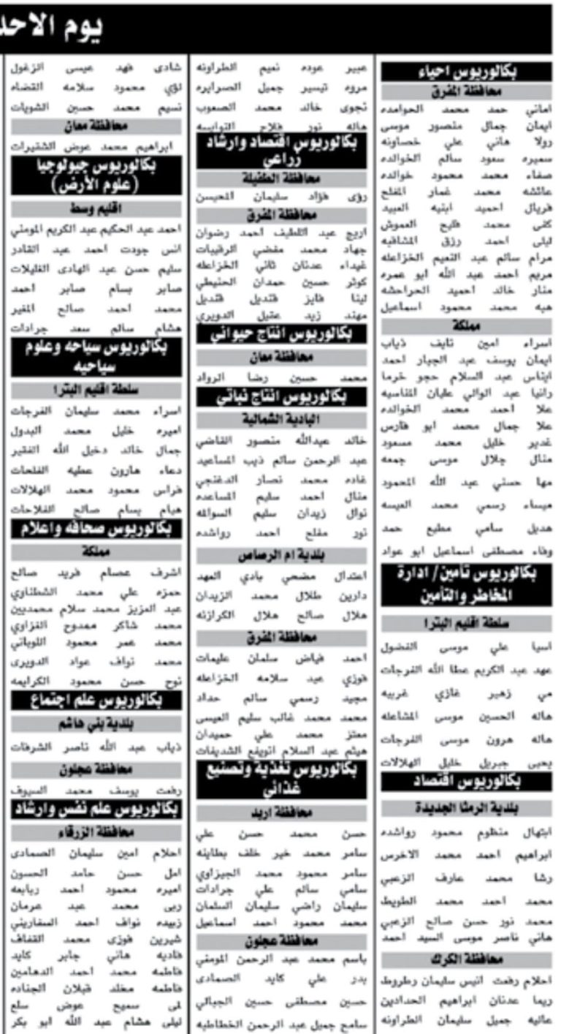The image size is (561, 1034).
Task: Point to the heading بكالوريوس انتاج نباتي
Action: tap(281, 396)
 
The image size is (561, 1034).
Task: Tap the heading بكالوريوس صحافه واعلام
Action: tap(96, 529)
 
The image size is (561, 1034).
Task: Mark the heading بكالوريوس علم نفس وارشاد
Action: tap(96, 809)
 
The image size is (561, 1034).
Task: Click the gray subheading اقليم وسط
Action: tap(96, 210)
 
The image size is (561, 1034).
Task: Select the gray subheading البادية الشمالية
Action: tap(281, 418)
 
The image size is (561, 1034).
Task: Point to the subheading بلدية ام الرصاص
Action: tap(281, 556)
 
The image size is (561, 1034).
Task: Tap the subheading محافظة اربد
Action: tap(281, 812)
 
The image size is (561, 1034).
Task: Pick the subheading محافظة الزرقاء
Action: tap(96, 832)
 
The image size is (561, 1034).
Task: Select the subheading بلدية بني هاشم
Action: tap(96, 725)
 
